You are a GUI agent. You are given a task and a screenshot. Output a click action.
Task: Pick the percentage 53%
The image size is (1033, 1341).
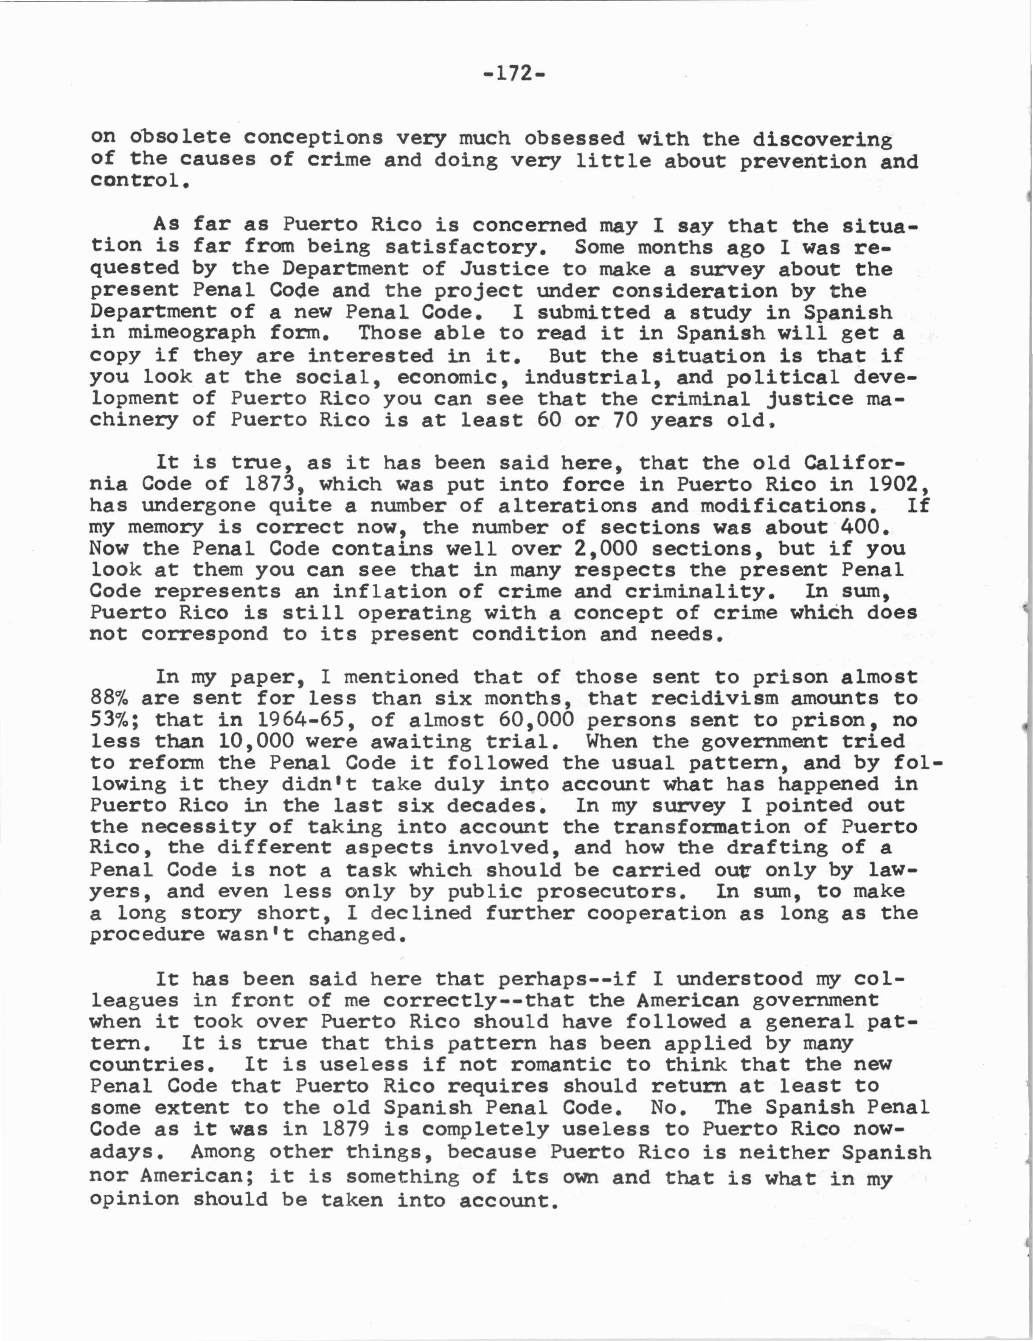114,719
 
